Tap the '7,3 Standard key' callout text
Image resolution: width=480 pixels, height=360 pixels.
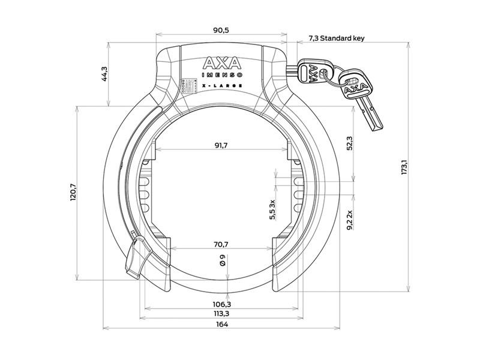click(336, 38)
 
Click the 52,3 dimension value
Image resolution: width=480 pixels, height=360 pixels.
click(349, 144)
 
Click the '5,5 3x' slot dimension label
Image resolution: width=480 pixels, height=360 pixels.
click(272, 209)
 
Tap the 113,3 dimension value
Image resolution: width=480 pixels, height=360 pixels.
click(221, 314)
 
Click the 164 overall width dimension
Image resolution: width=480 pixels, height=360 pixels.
click(221, 325)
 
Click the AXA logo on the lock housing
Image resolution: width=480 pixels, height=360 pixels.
click(223, 63)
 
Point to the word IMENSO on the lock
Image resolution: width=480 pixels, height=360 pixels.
click(221, 76)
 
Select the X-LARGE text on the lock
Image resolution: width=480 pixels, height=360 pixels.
click(221, 86)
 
